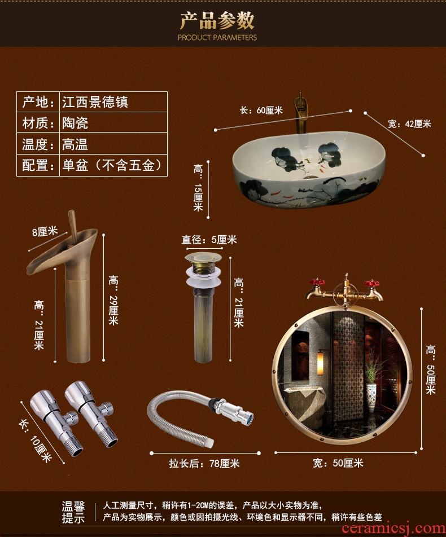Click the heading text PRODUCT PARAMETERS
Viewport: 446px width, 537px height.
pos(217,37)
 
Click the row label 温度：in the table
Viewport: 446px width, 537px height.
pos(38,144)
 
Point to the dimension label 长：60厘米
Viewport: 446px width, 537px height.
pos(261,111)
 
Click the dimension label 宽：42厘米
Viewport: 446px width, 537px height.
pos(409,124)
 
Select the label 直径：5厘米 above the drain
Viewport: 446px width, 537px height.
pos(209,239)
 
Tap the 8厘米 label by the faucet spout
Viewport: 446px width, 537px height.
pos(45,231)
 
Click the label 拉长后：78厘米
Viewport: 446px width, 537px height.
pos(204,463)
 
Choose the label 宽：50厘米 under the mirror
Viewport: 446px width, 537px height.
pos(338,463)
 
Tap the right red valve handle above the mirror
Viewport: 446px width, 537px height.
pos(371,283)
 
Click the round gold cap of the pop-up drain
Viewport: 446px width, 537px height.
pos(203,258)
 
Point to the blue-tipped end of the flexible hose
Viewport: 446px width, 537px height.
pos(250,418)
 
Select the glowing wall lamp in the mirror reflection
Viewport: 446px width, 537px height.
pos(321,363)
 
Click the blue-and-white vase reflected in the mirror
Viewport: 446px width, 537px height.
pos(371,398)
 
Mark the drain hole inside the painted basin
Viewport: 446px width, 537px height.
pos(311,177)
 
